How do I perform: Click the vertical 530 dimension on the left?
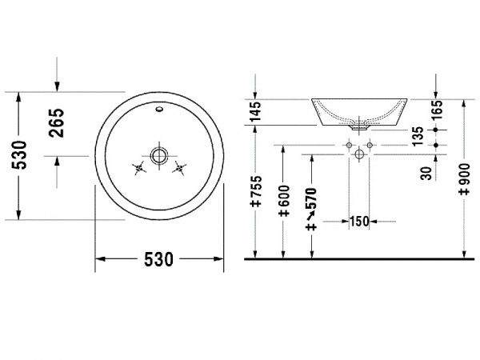coord(19,155)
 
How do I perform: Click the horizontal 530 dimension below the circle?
coord(158,259)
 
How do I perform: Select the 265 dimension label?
coord(57,122)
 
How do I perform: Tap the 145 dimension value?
coord(255,111)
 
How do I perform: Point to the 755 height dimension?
coord(256,191)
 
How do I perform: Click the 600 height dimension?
coord(284,201)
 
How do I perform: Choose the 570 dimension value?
coord(312,209)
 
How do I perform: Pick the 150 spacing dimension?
coord(359,221)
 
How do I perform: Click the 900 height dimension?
coord(465,179)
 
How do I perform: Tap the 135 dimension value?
coord(418,136)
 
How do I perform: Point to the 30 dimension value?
coord(426,173)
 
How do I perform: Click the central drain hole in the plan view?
coord(159,155)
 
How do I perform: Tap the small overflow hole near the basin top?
coord(159,109)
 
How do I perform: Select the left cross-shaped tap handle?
coord(139,168)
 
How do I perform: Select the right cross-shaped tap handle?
coord(179,168)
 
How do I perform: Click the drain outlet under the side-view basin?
coord(359,127)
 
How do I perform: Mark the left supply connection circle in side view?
coord(349,145)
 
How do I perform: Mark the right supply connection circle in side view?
coord(370,145)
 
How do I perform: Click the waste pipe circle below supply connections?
coord(359,154)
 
